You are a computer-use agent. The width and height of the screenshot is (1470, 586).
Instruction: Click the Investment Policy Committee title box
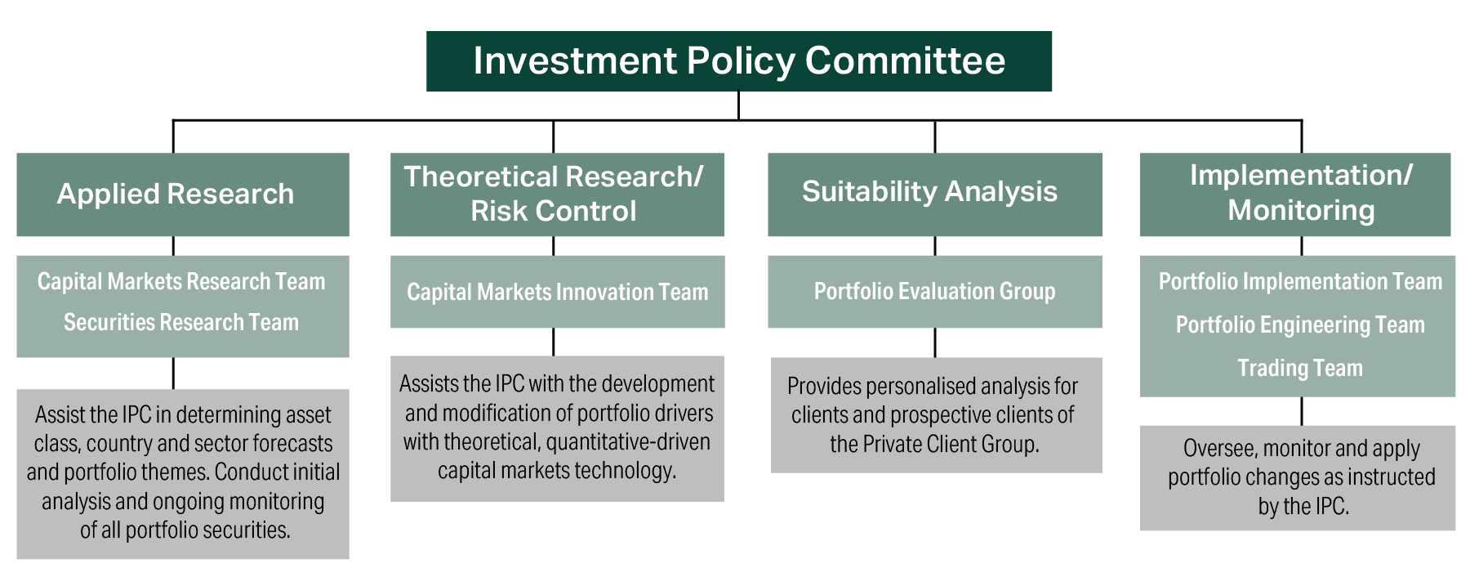coord(738,61)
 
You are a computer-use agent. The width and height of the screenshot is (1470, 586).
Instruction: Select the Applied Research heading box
coord(182,195)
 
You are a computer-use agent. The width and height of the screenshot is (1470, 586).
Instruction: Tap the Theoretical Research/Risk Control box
coord(556,195)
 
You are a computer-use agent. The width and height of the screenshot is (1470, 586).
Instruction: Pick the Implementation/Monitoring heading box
coord(1296,194)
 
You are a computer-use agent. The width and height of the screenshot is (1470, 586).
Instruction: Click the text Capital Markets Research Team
coord(181,282)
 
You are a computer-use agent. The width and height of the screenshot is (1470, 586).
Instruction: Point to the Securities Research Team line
coord(181,323)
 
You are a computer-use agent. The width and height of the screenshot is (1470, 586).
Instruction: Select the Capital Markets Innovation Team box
coord(557,293)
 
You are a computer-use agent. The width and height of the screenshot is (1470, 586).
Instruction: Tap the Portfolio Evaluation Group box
coord(934,292)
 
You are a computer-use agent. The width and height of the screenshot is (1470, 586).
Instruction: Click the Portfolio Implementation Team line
coord(1300,282)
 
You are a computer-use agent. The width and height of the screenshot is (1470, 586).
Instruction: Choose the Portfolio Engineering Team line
coord(1300,325)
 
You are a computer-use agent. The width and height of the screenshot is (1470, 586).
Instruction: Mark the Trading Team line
coord(1300,369)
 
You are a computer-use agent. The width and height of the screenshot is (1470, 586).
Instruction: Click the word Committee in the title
coord(905,61)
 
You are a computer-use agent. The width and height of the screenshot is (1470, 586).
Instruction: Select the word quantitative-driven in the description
coord(628,442)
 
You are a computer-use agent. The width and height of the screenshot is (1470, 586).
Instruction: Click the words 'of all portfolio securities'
coord(185,530)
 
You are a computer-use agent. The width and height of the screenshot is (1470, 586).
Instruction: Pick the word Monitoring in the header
coord(1301,211)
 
